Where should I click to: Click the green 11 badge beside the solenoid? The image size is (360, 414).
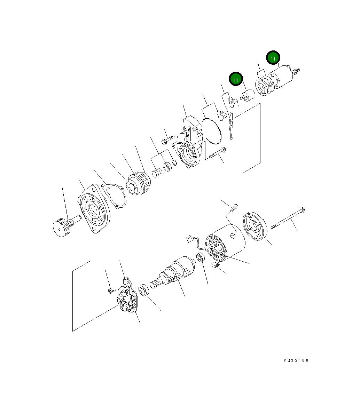(273, 58)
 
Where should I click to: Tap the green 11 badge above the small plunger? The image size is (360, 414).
(236, 80)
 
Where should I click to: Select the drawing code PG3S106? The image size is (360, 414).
(296, 360)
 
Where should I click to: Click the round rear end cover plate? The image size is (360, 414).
(254, 226)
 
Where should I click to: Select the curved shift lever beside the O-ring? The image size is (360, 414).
(230, 125)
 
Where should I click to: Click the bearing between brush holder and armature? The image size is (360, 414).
(144, 291)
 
